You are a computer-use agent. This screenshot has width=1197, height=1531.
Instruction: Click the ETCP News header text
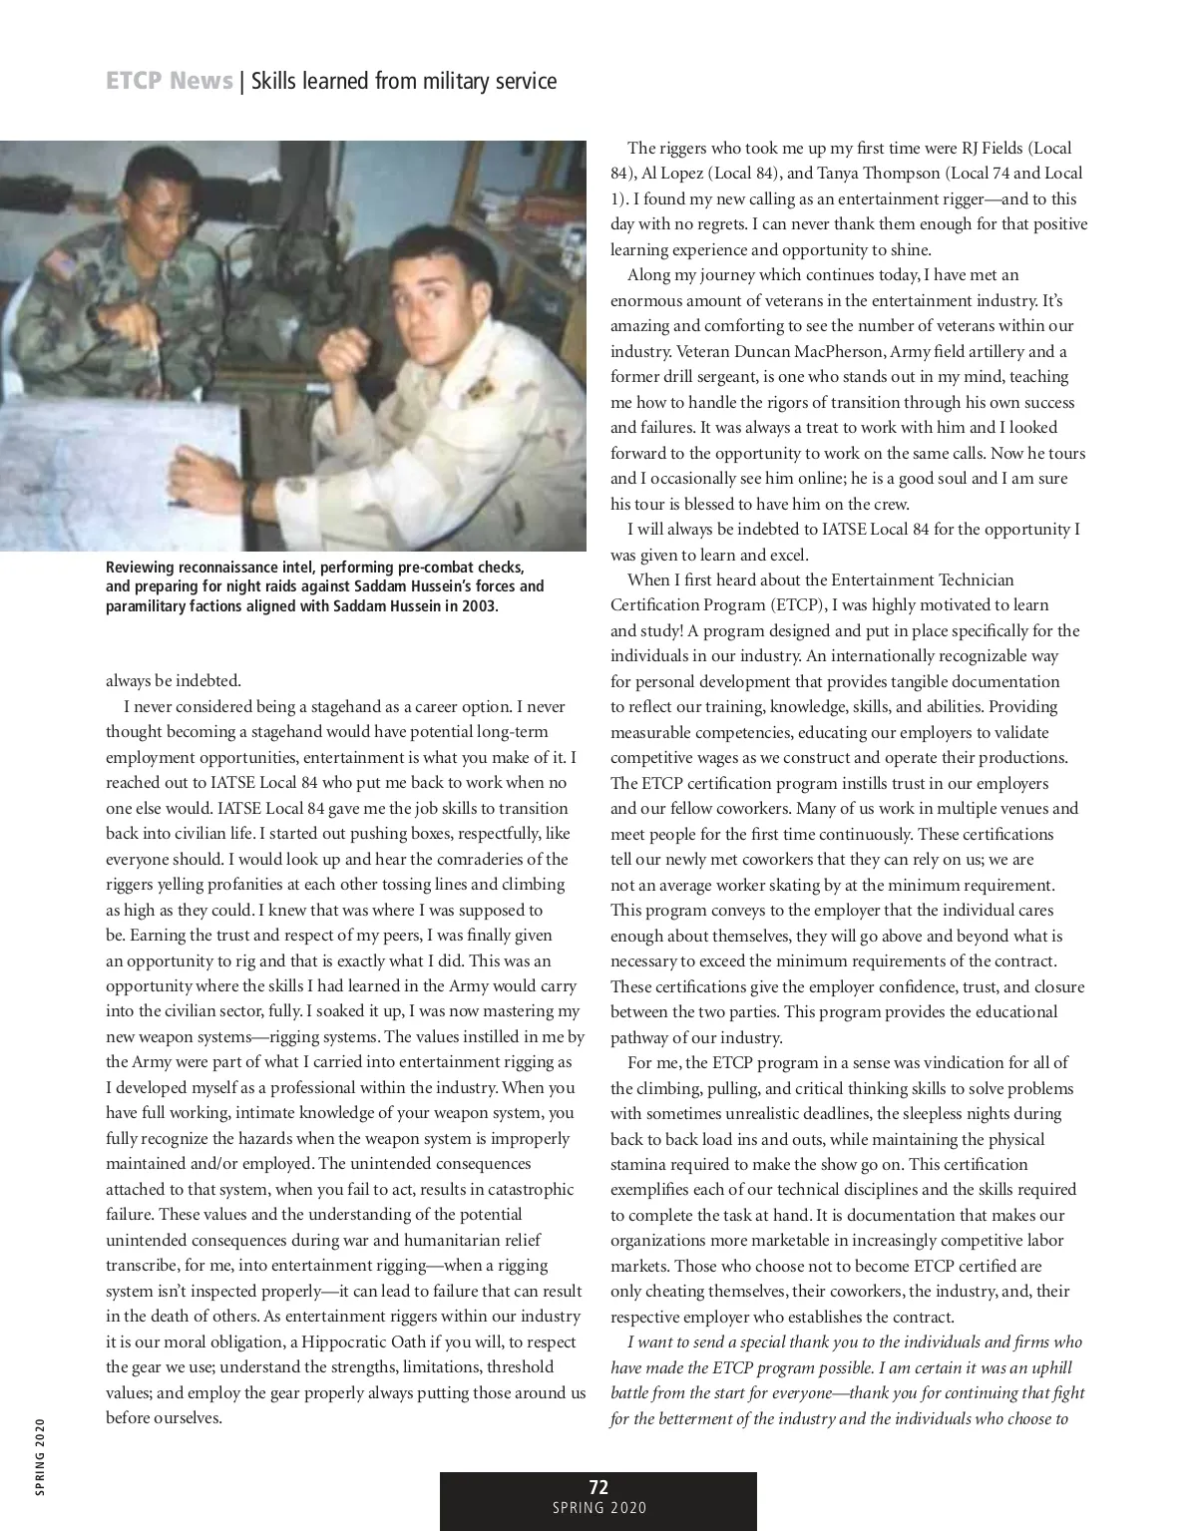click(169, 81)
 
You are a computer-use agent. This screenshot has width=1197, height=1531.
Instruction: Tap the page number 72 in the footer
click(598, 1488)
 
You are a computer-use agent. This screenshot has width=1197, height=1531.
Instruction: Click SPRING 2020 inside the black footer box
click(598, 1508)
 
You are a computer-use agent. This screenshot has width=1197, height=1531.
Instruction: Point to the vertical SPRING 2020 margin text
click(39, 1456)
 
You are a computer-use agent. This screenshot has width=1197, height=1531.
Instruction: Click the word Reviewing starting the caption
click(141, 567)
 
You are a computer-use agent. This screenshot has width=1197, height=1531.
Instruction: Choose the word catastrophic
click(525, 1189)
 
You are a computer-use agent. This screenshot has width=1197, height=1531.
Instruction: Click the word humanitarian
click(468, 1240)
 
